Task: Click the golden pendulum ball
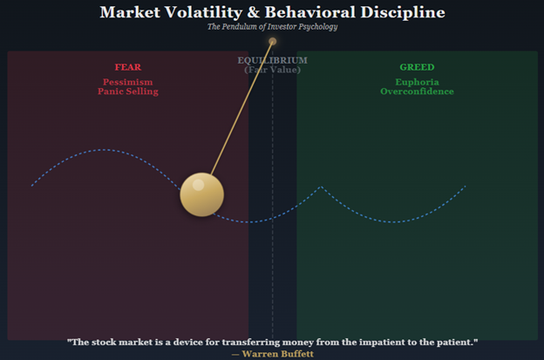point(201,194)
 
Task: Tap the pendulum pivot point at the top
point(273,41)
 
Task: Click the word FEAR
point(128,67)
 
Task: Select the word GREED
point(417,67)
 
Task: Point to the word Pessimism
point(128,82)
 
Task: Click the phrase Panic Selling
point(128,92)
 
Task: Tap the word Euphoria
point(417,82)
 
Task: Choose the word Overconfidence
point(417,92)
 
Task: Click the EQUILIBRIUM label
point(272,60)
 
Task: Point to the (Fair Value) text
point(272,69)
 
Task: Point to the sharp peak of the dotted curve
point(322,187)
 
